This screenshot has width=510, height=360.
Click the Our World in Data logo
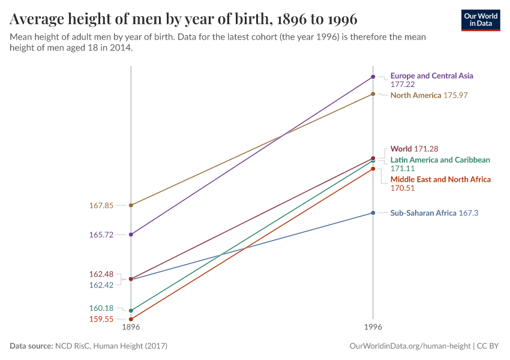tap(480, 20)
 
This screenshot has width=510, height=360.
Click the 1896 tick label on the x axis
tap(131, 328)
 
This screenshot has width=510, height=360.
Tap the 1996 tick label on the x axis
tap(373, 328)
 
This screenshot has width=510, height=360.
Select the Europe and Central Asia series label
tap(431, 76)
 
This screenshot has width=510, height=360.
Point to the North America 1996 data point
tap(373, 94)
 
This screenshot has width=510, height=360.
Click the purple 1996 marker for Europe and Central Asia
tap(373, 77)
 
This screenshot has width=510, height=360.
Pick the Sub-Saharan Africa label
tap(424, 213)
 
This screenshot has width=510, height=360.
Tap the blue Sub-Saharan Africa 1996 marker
tap(373, 213)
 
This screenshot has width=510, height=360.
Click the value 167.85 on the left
tap(101, 205)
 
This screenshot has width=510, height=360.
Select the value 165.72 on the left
tap(101, 235)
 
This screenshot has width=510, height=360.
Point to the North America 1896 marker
tap(131, 205)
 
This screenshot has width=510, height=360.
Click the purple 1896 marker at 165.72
tap(131, 235)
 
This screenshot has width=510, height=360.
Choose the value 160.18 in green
tap(101, 308)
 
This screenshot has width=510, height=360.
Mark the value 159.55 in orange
tap(101, 319)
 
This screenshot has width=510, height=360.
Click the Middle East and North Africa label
tap(440, 179)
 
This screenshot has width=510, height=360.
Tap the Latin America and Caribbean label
tap(440, 160)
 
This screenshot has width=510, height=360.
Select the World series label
tap(401, 148)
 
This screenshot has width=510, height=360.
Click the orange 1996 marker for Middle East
tap(373, 169)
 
